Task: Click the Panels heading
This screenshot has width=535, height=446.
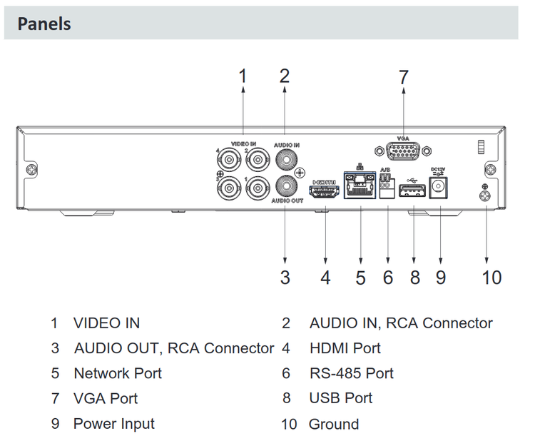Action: coord(44,23)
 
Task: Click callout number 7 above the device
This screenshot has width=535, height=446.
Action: coord(404,77)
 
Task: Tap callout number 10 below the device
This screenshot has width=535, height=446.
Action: coord(491,277)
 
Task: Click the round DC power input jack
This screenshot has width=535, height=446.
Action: coord(440,188)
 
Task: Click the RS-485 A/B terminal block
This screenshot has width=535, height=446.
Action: coord(387,186)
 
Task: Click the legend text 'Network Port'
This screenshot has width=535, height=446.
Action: coord(117,373)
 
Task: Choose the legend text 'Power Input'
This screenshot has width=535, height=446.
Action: coord(113,423)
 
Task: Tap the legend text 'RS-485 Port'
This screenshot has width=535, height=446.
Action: coord(351,373)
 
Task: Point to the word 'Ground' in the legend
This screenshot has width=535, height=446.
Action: coord(333,424)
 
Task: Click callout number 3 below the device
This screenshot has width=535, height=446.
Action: coord(285,277)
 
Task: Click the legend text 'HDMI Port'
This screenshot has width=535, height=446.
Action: coord(345,348)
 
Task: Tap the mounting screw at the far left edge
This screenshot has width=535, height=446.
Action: coord(31,169)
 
